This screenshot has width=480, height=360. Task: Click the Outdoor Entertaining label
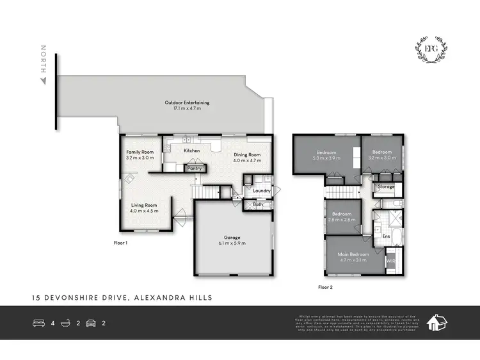tap(187, 102)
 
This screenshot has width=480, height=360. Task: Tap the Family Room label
tap(140, 152)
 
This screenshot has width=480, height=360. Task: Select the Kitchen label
tap(192, 151)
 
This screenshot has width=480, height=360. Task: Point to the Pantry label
tap(195, 168)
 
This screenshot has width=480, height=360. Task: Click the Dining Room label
tap(246, 155)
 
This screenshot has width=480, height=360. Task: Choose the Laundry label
tap(261, 191)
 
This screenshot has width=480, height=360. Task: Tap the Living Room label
tap(143, 205)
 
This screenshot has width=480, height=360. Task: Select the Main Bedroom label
tap(353, 255)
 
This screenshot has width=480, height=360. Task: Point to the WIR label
tap(390, 261)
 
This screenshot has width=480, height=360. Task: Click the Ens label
tap(386, 236)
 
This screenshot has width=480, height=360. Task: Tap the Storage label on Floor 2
tap(386, 186)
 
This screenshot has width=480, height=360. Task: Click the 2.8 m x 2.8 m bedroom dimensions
tap(341, 220)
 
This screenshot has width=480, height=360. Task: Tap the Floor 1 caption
tap(120, 243)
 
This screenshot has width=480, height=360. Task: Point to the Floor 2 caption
tap(326, 287)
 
